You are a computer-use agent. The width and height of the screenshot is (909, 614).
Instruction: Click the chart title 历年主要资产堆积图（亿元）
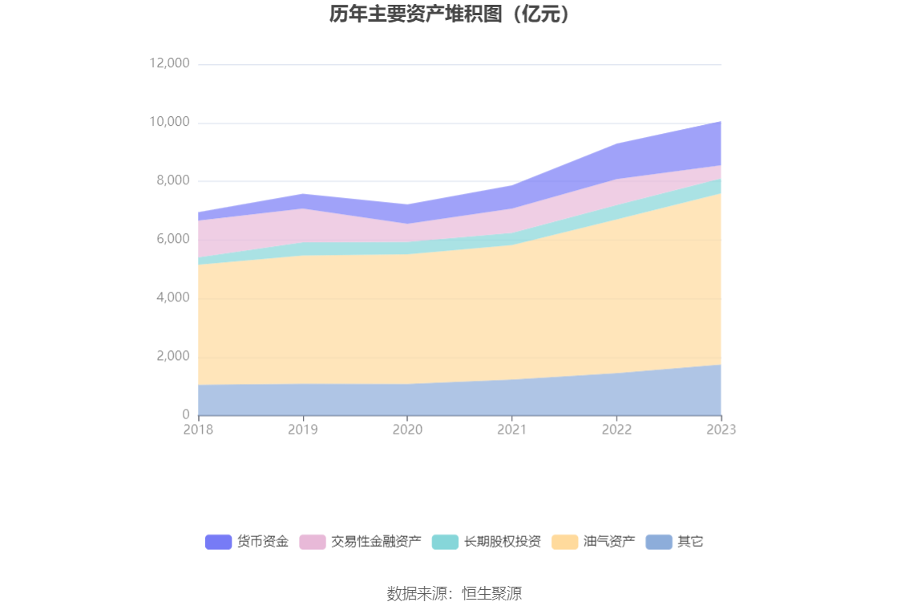[454, 14]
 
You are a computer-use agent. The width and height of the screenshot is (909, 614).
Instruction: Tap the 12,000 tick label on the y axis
[169, 63]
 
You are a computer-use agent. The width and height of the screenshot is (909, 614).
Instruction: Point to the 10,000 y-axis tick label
[169, 122]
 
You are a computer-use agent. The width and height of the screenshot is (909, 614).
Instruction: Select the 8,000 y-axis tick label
[172, 180]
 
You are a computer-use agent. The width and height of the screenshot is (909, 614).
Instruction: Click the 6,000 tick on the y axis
[172, 239]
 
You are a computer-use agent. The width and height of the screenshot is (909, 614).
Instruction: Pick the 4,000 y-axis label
[172, 297]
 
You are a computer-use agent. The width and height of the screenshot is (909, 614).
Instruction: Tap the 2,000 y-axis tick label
[172, 356]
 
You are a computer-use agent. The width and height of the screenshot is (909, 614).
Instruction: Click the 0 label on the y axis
[186, 414]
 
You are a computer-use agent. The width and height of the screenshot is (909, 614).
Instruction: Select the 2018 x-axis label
[198, 430]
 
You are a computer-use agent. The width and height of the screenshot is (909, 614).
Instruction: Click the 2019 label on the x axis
[302, 430]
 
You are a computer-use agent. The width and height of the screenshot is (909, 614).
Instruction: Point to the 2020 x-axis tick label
[407, 430]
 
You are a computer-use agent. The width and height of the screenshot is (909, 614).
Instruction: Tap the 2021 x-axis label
[511, 430]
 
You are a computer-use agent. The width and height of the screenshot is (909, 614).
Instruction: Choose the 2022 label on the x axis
[616, 430]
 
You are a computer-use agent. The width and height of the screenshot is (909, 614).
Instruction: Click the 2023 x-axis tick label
[721, 430]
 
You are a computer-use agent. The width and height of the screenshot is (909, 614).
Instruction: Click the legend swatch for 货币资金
[218, 542]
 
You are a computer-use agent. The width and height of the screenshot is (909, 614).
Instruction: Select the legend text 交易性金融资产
[376, 542]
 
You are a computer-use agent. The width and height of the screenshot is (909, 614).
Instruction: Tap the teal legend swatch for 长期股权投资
[445, 542]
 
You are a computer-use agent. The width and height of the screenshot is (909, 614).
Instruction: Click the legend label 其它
[690, 542]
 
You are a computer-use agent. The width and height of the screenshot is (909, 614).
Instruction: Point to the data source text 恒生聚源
[492, 594]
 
